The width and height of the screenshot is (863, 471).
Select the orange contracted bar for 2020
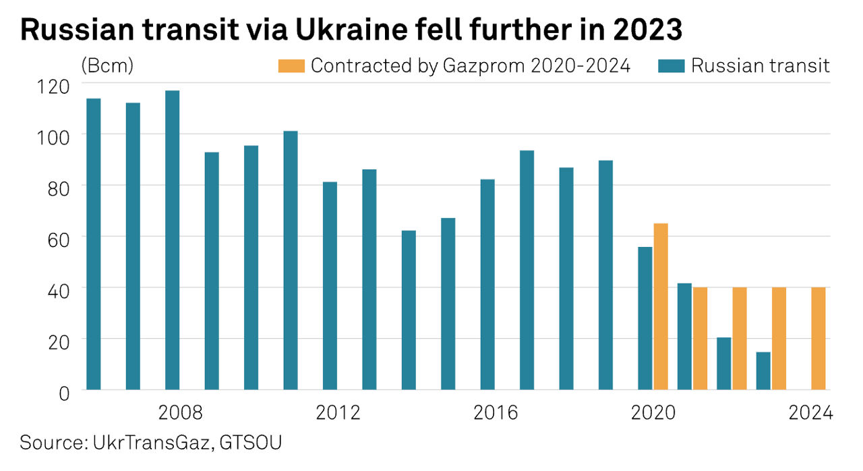pyautogui.click(x=661, y=306)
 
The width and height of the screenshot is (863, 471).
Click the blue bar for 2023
pyautogui.click(x=763, y=371)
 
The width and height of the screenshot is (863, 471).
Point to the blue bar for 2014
pyautogui.click(x=409, y=310)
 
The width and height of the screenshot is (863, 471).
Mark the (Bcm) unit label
pyautogui.click(x=107, y=66)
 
